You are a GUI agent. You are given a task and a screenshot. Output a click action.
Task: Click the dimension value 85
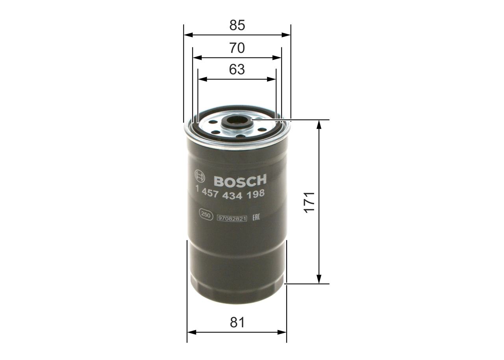click(237, 26)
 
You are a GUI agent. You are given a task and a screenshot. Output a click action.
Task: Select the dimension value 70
click(237, 48)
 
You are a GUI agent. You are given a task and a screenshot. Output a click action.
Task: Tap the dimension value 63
click(237, 70)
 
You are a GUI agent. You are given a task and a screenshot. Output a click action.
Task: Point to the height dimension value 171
click(310, 202)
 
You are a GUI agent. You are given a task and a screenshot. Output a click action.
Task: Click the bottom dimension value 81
click(237, 323)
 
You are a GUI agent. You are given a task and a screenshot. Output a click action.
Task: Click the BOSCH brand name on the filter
click(240, 181)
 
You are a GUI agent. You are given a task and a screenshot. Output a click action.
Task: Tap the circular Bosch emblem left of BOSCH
click(200, 176)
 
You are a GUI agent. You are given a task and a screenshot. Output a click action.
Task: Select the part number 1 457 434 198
click(230, 193)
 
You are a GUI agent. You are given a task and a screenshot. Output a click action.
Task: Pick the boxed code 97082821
click(232, 218)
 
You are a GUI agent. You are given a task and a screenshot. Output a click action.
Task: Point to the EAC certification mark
click(255, 217)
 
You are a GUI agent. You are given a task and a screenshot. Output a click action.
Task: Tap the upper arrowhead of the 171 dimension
click(319, 123)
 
